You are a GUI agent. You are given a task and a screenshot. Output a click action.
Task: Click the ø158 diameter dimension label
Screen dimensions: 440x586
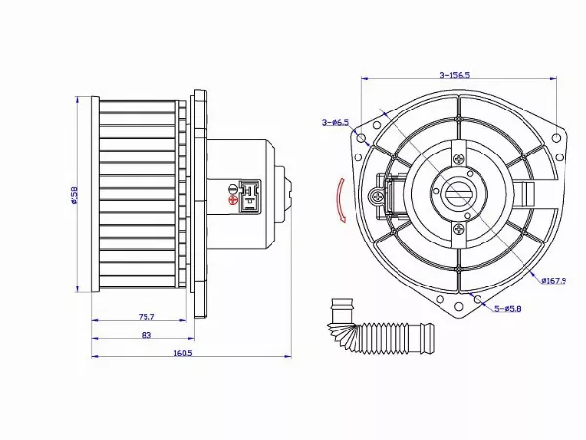[74, 196]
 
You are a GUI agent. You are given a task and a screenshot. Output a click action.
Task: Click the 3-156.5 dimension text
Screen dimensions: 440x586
[455, 74]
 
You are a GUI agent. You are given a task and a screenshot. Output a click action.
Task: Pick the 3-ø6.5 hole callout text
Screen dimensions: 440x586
[335, 122]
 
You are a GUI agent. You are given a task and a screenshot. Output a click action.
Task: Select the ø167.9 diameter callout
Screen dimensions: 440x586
[556, 279]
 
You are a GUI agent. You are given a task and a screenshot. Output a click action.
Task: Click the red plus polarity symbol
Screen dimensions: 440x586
[232, 201]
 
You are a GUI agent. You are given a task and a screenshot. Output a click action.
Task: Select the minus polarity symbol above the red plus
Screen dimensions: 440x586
[232, 186]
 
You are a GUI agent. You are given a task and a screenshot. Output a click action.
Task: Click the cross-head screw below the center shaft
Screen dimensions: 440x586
[459, 229]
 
